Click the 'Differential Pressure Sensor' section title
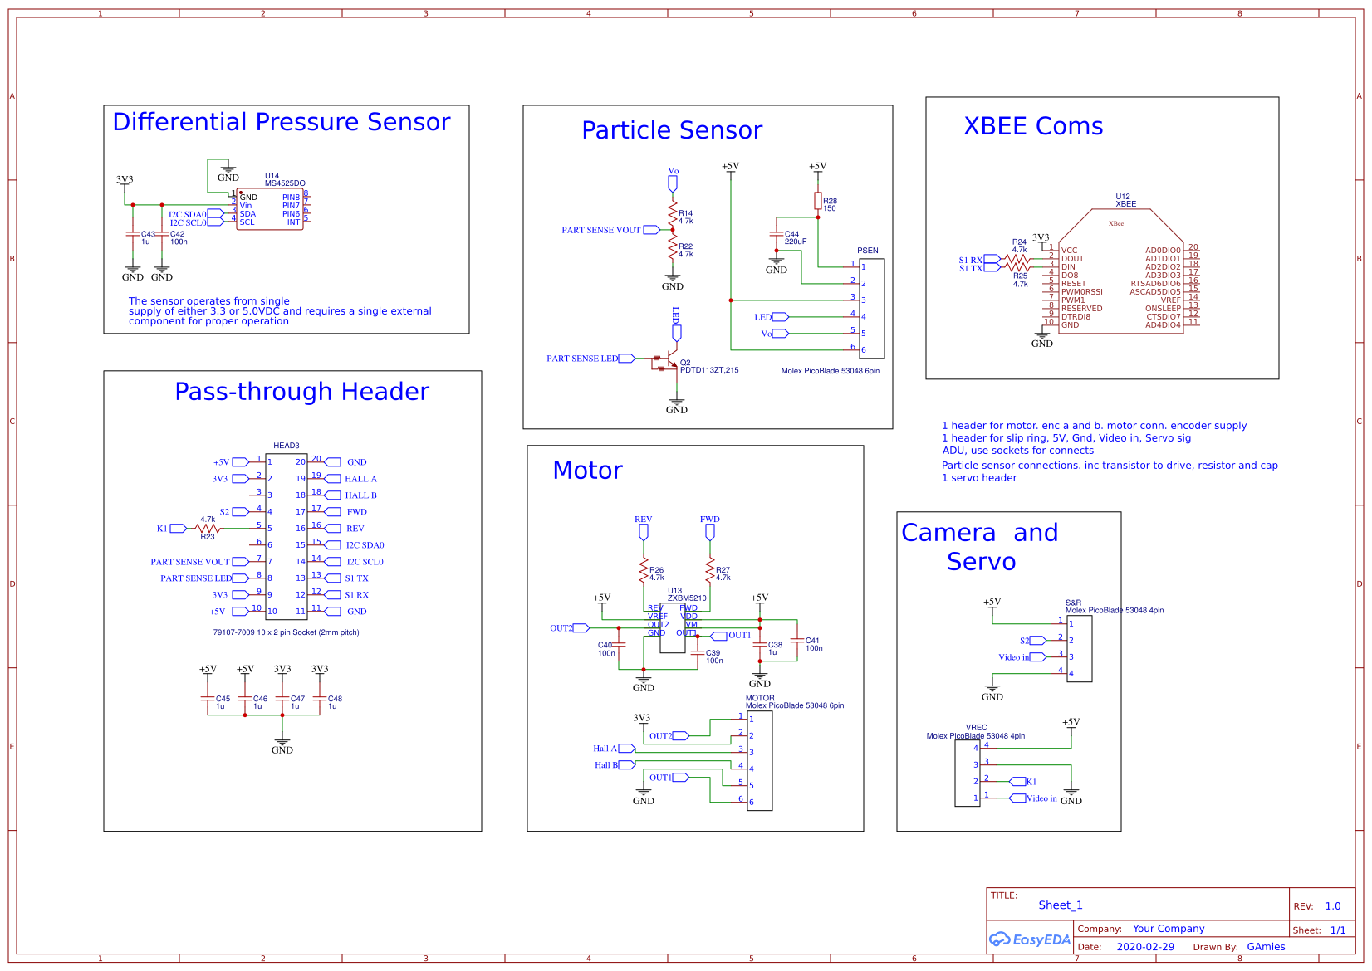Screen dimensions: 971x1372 [x=281, y=122]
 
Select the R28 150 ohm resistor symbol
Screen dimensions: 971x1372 [x=818, y=201]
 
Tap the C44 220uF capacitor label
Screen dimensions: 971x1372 [x=796, y=237]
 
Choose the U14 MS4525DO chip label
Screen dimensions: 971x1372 [x=284, y=179]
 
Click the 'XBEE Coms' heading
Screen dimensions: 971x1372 [x=1033, y=126]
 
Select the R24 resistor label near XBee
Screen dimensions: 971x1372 [x=1019, y=246]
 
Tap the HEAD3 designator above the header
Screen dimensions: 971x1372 [x=286, y=446]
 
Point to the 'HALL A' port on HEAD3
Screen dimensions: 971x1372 [x=360, y=479]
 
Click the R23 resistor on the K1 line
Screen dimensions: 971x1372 [x=208, y=528]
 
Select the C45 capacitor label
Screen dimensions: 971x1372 [x=222, y=702]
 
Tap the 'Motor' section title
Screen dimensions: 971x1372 [x=587, y=471]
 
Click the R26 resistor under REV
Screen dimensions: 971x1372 [x=644, y=571]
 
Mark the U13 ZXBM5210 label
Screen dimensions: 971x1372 [x=686, y=594]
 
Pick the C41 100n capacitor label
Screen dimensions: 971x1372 [x=813, y=644]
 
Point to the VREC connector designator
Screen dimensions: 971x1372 [x=977, y=727]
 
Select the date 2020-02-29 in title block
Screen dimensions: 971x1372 [x=1145, y=947]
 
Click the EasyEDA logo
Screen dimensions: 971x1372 [x=1029, y=939]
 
